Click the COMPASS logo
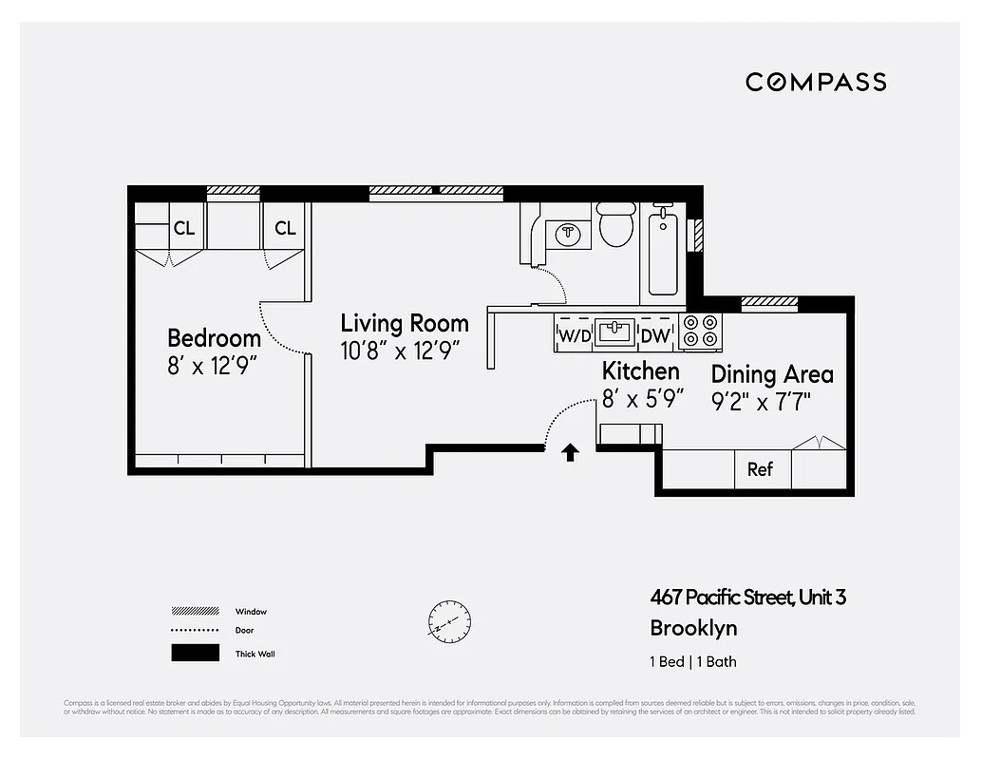click(x=816, y=82)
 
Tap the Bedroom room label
click(x=214, y=338)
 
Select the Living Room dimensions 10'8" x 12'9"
click(x=400, y=351)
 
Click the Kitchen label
click(x=641, y=371)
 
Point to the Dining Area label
click(x=772, y=374)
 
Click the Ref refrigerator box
click(x=761, y=469)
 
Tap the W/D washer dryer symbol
click(x=574, y=334)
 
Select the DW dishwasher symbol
click(x=656, y=334)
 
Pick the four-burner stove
click(x=701, y=331)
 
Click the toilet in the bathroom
click(x=616, y=225)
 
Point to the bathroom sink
click(x=567, y=232)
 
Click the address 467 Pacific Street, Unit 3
click(x=747, y=598)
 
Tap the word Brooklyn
click(x=692, y=628)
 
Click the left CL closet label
click(x=184, y=228)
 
